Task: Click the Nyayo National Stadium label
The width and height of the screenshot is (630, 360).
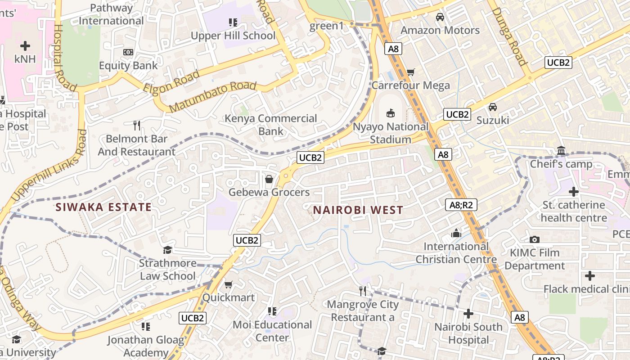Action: tap(390, 133)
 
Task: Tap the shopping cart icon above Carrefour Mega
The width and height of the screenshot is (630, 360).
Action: tap(410, 72)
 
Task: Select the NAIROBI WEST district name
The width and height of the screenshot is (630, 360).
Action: tap(358, 210)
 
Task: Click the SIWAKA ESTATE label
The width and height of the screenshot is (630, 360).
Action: tap(103, 207)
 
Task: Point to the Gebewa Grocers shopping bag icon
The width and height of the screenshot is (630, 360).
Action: tap(269, 179)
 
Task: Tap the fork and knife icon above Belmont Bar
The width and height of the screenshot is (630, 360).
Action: tap(137, 125)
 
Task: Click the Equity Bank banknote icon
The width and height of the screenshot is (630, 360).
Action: tap(128, 53)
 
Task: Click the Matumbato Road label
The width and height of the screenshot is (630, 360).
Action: tap(213, 97)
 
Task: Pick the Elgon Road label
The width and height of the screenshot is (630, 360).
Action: tap(171, 82)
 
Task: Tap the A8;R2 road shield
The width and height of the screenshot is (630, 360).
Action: tap(461, 205)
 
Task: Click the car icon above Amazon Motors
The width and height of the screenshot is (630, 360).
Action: tap(440, 17)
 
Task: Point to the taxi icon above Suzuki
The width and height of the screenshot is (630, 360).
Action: tap(493, 107)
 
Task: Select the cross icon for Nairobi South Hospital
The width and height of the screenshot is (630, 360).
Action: tap(468, 313)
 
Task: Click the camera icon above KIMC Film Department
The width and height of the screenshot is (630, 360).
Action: tap(534, 239)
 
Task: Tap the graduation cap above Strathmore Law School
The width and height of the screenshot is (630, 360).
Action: tap(167, 250)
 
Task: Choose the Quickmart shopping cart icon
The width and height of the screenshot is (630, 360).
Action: tap(228, 284)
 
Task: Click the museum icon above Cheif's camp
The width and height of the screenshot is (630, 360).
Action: tap(561, 150)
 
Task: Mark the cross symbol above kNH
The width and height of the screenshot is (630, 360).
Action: tap(25, 45)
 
